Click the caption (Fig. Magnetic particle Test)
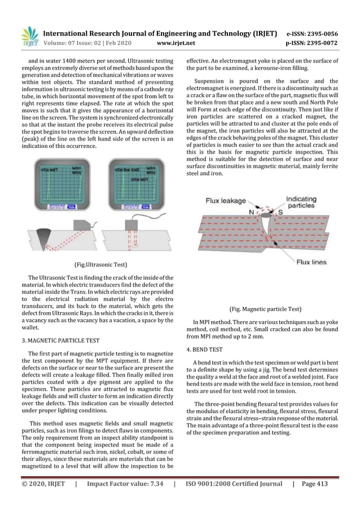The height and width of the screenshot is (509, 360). pyautogui.click(x=263, y=309)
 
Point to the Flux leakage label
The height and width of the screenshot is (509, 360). pyautogui.click(x=226, y=200)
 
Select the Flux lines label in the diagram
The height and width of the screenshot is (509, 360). pyautogui.click(x=311, y=261)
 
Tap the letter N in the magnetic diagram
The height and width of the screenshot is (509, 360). pyautogui.click(x=252, y=212)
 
